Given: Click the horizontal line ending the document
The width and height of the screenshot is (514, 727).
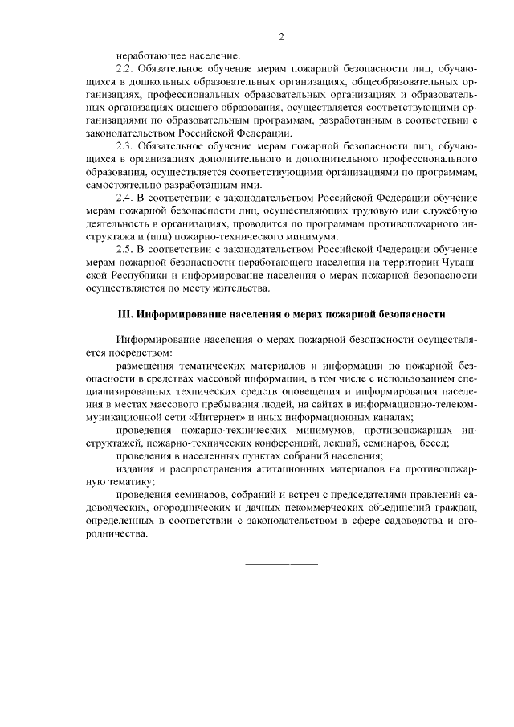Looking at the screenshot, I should (280, 563).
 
